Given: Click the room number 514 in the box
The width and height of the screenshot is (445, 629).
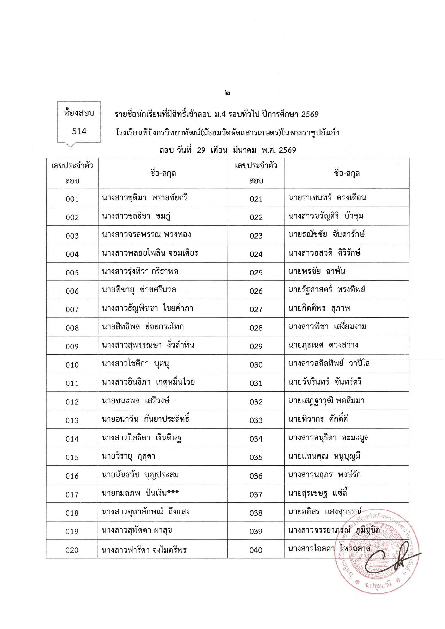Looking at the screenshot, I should pos(79,131).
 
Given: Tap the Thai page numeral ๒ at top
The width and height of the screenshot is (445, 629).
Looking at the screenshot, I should pos(227,92).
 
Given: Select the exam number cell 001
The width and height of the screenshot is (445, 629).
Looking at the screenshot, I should pos(72,199).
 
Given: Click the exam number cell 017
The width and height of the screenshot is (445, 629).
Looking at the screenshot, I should pos(72,494).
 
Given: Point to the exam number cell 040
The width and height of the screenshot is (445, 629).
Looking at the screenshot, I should pos(256,550).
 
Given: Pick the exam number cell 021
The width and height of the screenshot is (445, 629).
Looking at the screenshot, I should pos(256,199).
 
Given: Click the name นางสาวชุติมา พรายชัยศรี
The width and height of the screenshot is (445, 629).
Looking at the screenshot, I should pos(145,197).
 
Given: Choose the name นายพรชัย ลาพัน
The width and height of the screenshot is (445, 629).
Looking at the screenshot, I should pos(317,272).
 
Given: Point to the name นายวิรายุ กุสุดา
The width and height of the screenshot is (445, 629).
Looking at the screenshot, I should pos(128,456).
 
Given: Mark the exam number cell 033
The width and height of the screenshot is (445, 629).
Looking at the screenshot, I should pos(256,420).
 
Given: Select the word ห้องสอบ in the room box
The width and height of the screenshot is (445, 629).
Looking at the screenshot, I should pos(79,113).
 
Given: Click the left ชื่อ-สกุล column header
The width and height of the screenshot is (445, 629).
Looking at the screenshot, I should pos(163,173).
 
